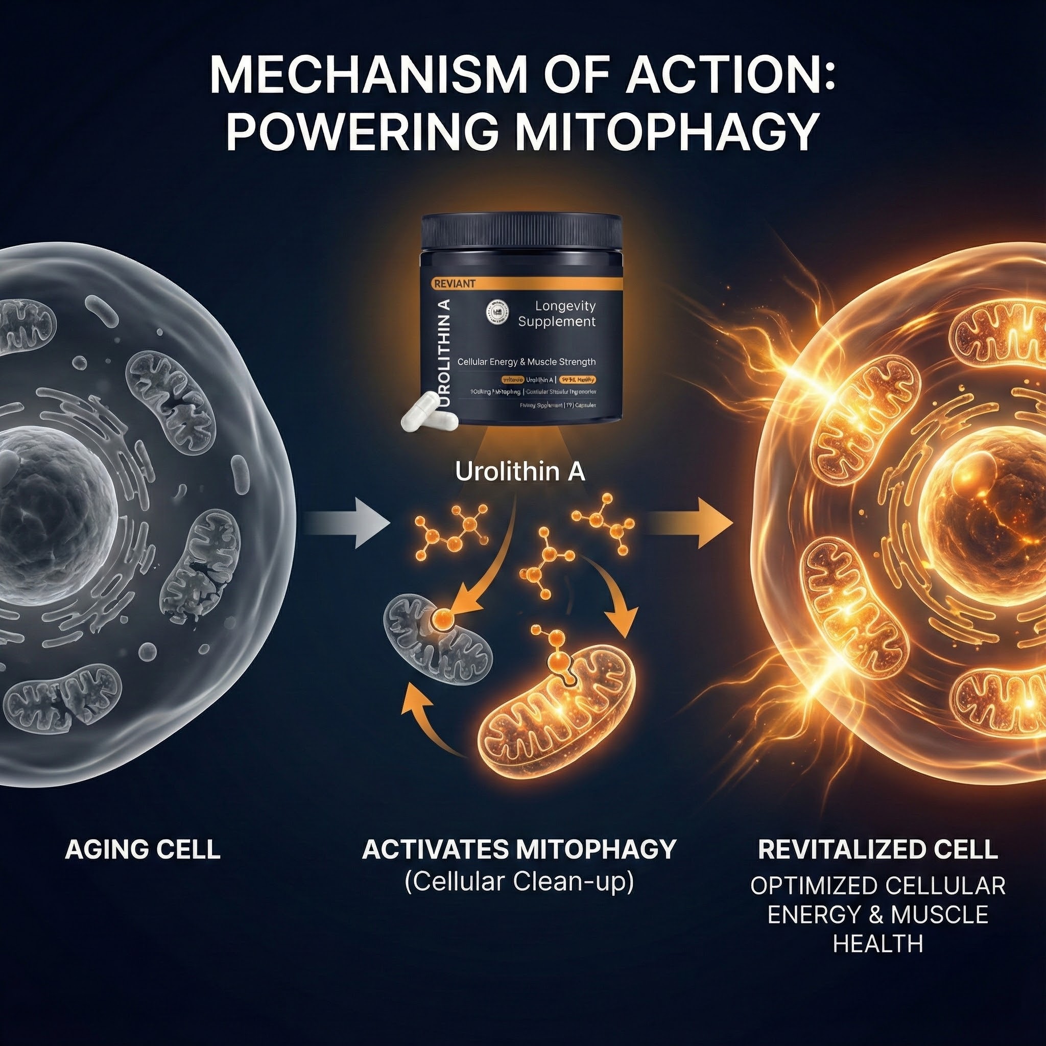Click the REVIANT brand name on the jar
pyautogui.click(x=454, y=283)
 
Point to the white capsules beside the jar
pyautogui.click(x=428, y=412)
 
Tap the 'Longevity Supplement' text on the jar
pyautogui.click(x=557, y=314)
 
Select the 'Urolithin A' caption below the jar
pyautogui.click(x=520, y=472)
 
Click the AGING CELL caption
pyautogui.click(x=142, y=849)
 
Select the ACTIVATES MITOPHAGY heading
pyautogui.click(x=519, y=849)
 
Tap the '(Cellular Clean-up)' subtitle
pyautogui.click(x=519, y=882)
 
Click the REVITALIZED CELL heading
pyautogui.click(x=877, y=849)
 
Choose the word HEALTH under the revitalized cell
pyautogui.click(x=877, y=944)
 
